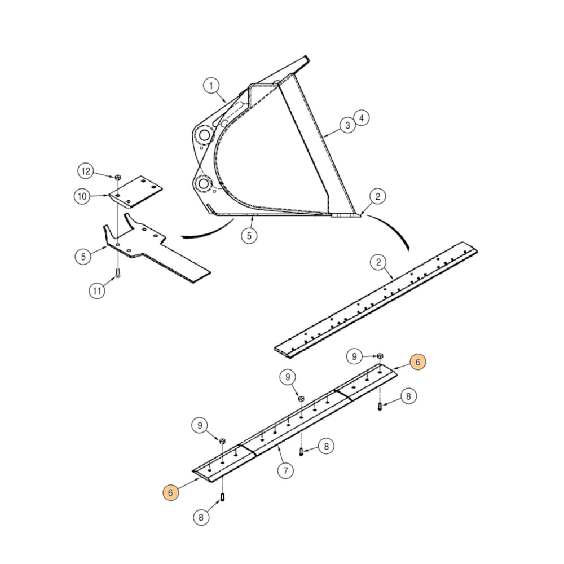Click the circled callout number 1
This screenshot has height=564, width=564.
tap(211, 86)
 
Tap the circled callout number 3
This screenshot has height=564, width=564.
tap(348, 125)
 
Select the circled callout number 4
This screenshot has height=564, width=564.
tap(362, 118)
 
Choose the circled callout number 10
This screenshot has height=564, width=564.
tap(82, 196)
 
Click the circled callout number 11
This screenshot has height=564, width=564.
tap(97, 291)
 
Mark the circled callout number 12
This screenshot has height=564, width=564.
tap(85, 170)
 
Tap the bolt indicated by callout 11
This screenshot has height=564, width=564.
tap(117, 274)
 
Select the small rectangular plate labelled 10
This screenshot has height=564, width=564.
tap(136, 191)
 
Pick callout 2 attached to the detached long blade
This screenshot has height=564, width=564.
tap(378, 262)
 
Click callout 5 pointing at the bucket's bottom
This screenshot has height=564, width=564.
tap(249, 235)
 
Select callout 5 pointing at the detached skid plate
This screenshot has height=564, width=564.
tap(82, 256)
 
